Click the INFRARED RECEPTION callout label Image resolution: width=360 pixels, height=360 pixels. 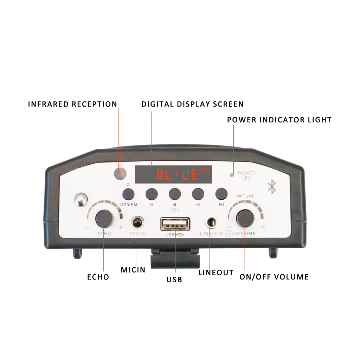click(x=72, y=104)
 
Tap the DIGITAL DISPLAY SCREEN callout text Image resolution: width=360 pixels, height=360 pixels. click(x=192, y=104)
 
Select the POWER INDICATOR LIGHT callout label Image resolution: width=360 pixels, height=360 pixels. click(x=279, y=120)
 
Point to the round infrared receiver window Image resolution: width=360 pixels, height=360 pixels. click(x=120, y=172)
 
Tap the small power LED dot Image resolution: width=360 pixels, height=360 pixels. click(x=232, y=174)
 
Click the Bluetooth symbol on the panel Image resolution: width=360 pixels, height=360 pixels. click(x=271, y=187)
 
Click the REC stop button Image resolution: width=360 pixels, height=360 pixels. click(x=175, y=193)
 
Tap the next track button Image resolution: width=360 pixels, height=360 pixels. click(x=198, y=193)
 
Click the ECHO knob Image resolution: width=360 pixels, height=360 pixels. click(x=104, y=218)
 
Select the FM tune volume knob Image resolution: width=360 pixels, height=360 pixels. click(x=245, y=218)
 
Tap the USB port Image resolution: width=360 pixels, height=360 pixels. click(x=175, y=224)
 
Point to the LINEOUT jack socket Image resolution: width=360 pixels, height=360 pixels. click(x=211, y=223)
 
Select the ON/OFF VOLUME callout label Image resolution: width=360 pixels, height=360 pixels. click(x=274, y=277)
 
